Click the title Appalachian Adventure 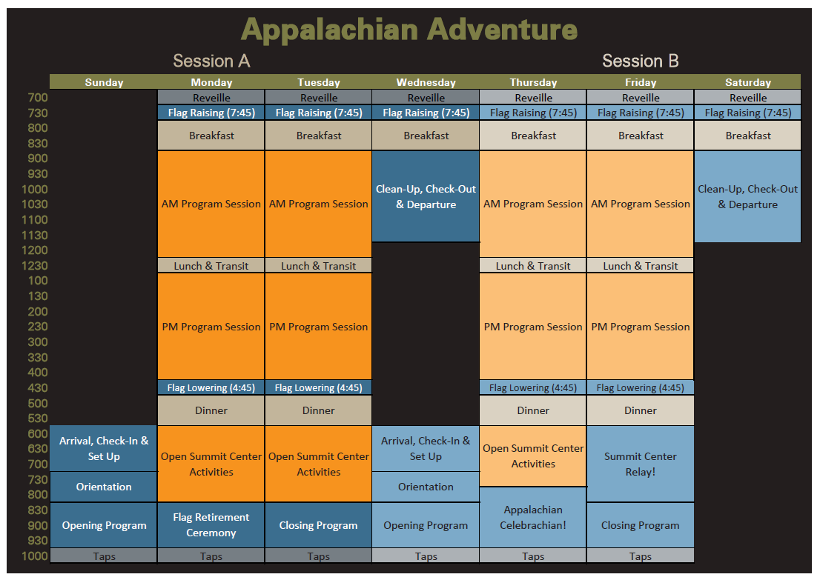409,30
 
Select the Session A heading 211,61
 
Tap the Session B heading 640,61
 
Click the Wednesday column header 426,82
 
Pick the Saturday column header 748,82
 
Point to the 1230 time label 34,265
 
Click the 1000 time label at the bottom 34,556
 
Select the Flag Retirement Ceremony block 211,525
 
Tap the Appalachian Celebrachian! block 533,517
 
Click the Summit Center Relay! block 640,464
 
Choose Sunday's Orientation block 104,487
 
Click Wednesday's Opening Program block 426,525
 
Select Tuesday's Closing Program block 319,525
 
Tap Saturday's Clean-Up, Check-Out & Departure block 748,196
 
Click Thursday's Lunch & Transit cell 533,265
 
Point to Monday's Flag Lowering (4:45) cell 211,387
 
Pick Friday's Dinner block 640,410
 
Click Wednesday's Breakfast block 426,136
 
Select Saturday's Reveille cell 748,97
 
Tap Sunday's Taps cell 104,556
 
